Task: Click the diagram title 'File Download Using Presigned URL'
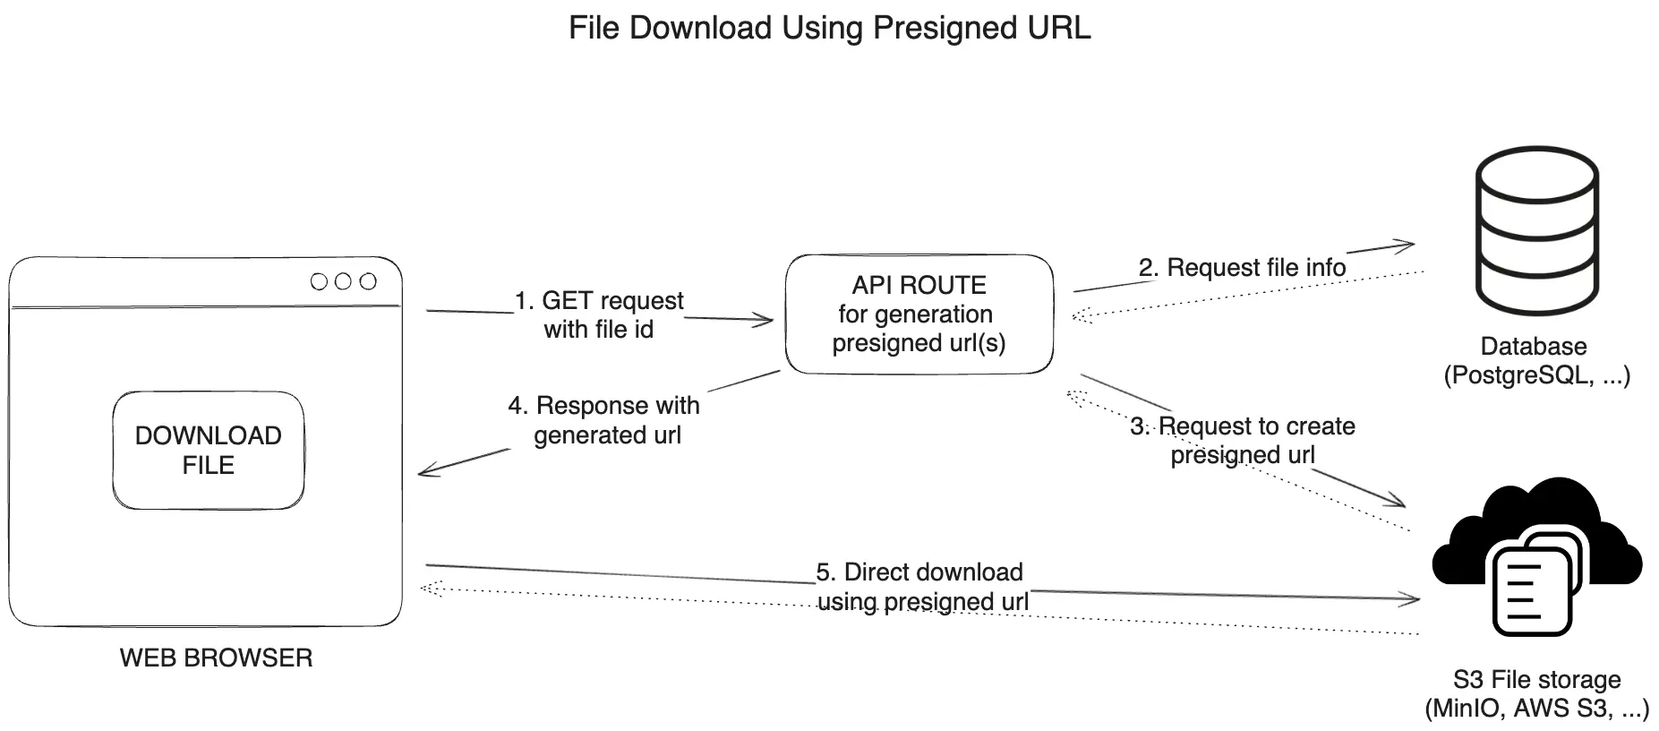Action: pyautogui.click(x=829, y=28)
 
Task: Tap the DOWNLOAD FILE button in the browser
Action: pyautogui.click(x=209, y=451)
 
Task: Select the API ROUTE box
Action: pyautogui.click(x=919, y=314)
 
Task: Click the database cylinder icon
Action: pyautogui.click(x=1535, y=230)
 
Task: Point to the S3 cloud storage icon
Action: pyautogui.click(x=1536, y=555)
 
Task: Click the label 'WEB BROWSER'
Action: pyautogui.click(x=216, y=658)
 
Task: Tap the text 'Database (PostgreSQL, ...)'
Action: pyautogui.click(x=1536, y=361)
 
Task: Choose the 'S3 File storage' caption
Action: pyautogui.click(x=1536, y=680)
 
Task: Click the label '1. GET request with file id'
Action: pyautogui.click(x=599, y=314)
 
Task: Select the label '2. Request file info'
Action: pyautogui.click(x=1242, y=268)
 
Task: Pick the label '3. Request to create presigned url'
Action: pyautogui.click(x=1243, y=440)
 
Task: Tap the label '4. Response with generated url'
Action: pyautogui.click(x=605, y=420)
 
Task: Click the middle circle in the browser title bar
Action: pyautogui.click(x=343, y=281)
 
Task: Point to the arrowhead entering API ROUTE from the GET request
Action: pyautogui.click(x=766, y=320)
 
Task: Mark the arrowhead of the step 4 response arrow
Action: pyautogui.click(x=424, y=471)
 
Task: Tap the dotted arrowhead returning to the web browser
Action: pyautogui.click(x=428, y=588)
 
